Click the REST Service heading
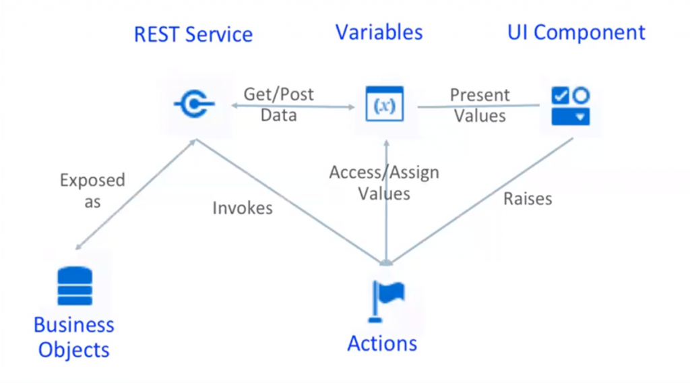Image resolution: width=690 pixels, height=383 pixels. coord(193,34)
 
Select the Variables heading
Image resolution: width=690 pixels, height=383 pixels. coord(379,32)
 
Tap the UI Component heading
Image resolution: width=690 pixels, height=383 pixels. coord(576,32)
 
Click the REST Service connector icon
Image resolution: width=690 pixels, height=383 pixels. coord(193,105)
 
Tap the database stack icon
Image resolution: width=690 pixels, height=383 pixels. coord(74,287)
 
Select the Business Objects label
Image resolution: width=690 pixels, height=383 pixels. coord(74,337)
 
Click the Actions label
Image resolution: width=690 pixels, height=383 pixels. coord(382,343)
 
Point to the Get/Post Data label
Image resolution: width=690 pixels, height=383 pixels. coord(279,105)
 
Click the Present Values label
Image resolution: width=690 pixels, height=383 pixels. coord(480,105)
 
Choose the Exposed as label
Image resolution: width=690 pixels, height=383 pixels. coord(92,191)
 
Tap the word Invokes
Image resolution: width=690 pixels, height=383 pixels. coord(243,208)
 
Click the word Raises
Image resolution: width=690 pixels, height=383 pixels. coord(528,199)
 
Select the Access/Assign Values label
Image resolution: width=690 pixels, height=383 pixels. coord(384,183)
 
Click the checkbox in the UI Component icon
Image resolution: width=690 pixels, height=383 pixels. coord(560,96)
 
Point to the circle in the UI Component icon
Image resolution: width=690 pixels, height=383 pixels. coord(581,96)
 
